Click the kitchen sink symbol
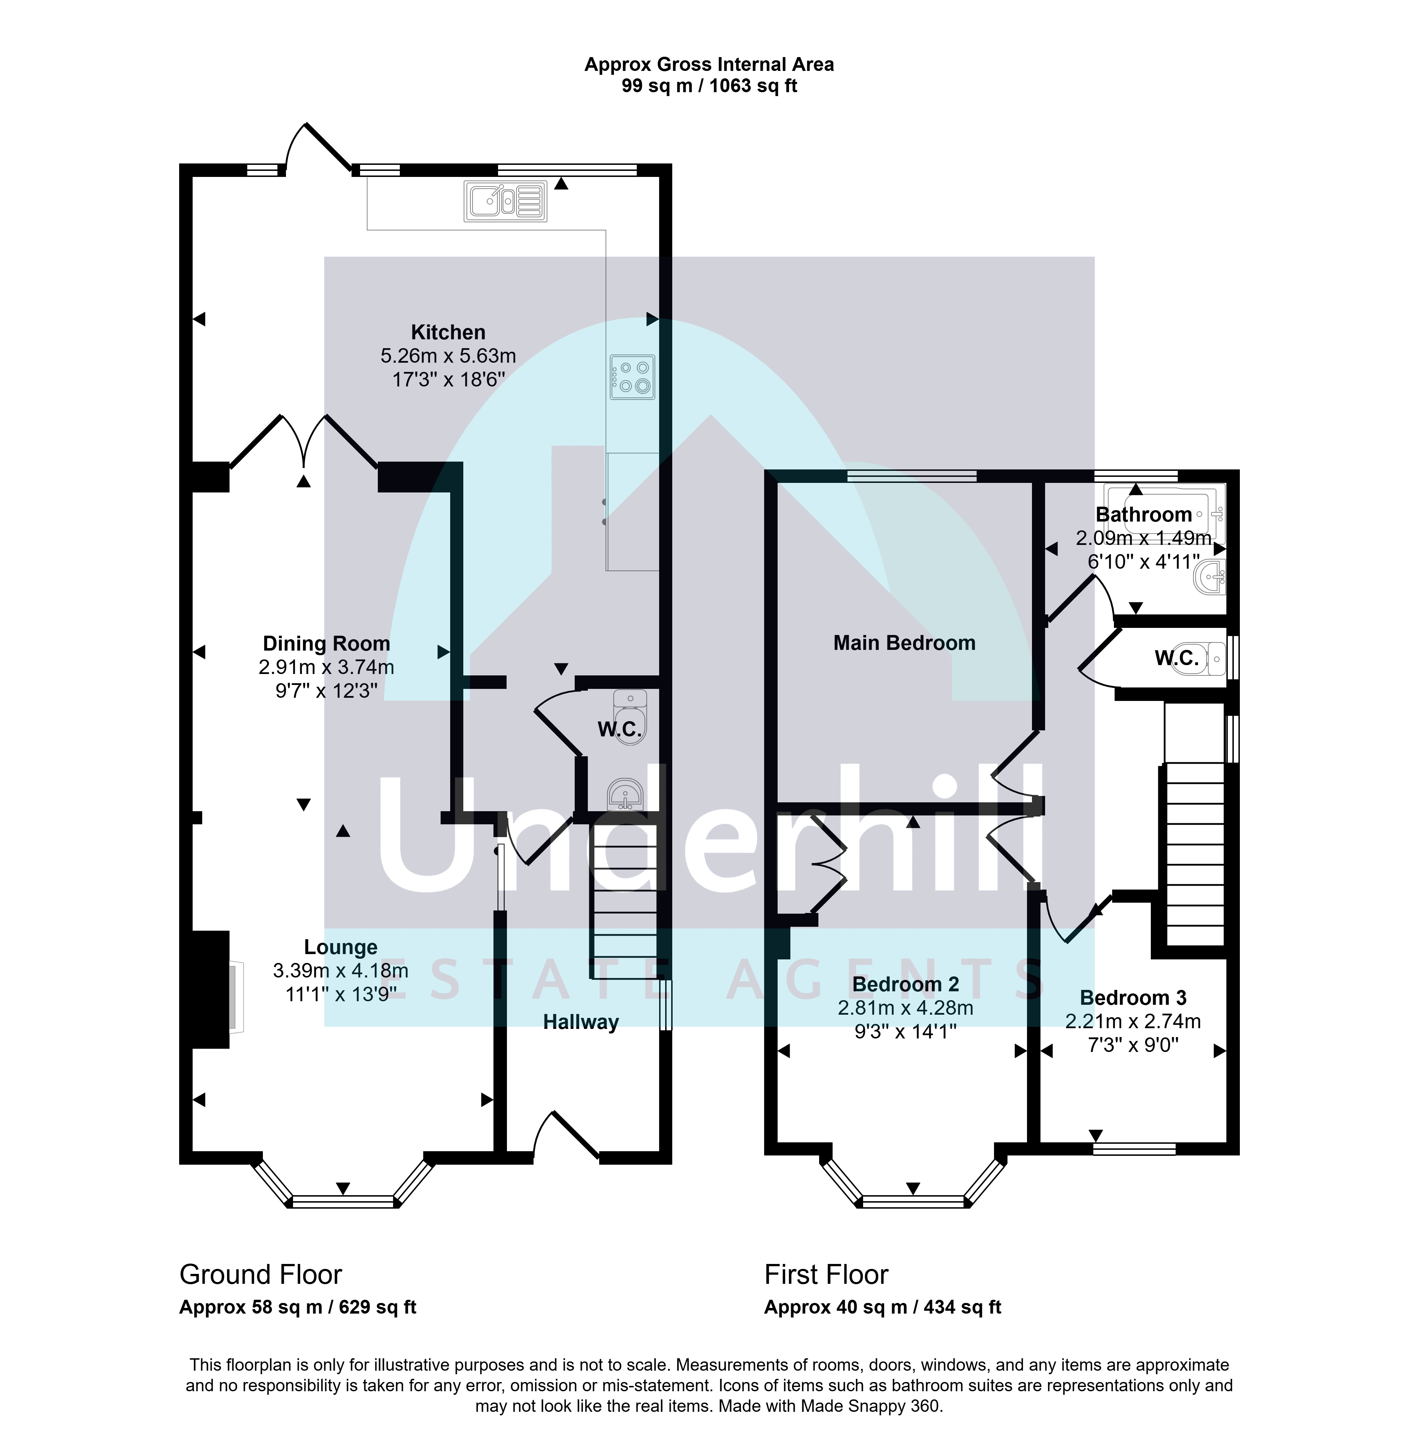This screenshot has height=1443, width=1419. (x=505, y=201)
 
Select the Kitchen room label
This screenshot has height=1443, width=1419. (x=448, y=332)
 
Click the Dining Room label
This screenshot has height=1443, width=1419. (x=326, y=643)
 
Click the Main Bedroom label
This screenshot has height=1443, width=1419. (x=904, y=643)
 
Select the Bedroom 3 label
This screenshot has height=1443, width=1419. (x=1133, y=997)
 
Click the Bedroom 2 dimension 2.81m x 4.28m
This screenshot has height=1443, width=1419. (x=906, y=1008)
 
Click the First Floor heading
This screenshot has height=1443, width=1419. (x=827, y=1275)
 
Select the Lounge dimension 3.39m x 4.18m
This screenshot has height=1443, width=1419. (x=341, y=971)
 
